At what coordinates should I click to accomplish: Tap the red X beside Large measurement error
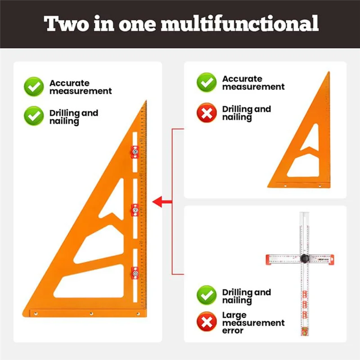point(207,322)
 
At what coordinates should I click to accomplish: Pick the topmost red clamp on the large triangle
point(134,152)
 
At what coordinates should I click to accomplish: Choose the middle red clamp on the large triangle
point(134,209)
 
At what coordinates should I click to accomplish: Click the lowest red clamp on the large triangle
point(134,272)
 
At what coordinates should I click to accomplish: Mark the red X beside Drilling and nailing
point(207,113)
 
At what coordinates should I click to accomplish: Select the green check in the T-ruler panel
point(207,296)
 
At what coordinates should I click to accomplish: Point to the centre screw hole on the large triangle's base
point(91,313)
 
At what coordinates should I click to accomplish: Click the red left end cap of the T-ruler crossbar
point(269,259)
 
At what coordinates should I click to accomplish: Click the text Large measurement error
point(253,323)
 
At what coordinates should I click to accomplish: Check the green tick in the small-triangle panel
point(207,83)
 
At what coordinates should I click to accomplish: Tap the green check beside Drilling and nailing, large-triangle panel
point(34,116)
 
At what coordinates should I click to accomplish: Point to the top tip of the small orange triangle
point(329,72)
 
